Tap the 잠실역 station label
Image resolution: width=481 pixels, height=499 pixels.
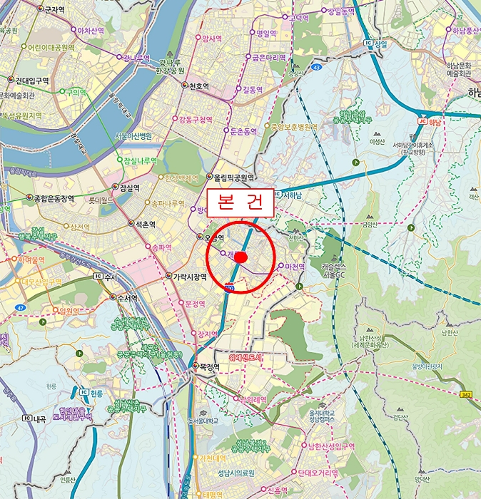[x=129, y=188]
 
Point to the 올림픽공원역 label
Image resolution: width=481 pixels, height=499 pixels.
[x=233, y=177]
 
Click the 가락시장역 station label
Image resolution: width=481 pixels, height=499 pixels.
[x=189, y=277]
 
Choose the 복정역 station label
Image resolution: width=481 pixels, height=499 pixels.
[x=208, y=367]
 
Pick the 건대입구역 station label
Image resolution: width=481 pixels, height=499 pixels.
[x=31, y=81]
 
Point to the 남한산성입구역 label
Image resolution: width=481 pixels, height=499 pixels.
[x=331, y=446]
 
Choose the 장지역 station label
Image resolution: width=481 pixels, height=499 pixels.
[x=207, y=334]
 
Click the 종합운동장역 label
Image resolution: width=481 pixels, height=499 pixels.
[x=54, y=198]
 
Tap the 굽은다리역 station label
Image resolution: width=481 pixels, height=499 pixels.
[x=268, y=58]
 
